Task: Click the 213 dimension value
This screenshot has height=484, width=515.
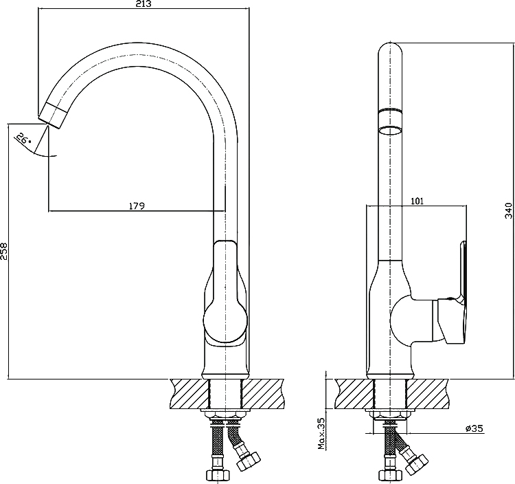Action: click(x=144, y=4)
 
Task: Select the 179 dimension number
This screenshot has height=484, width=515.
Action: click(x=137, y=206)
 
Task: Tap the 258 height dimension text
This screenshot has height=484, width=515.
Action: click(x=3, y=251)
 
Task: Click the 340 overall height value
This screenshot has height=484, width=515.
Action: click(x=508, y=211)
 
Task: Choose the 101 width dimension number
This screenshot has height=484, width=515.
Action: click(x=417, y=201)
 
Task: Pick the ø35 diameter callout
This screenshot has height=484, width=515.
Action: click(x=474, y=428)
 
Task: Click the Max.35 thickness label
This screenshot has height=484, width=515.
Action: click(x=321, y=433)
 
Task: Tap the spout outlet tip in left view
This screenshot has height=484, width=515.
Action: click(x=53, y=115)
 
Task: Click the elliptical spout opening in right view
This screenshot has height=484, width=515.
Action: click(x=390, y=131)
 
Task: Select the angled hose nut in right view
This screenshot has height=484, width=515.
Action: click(x=417, y=463)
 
